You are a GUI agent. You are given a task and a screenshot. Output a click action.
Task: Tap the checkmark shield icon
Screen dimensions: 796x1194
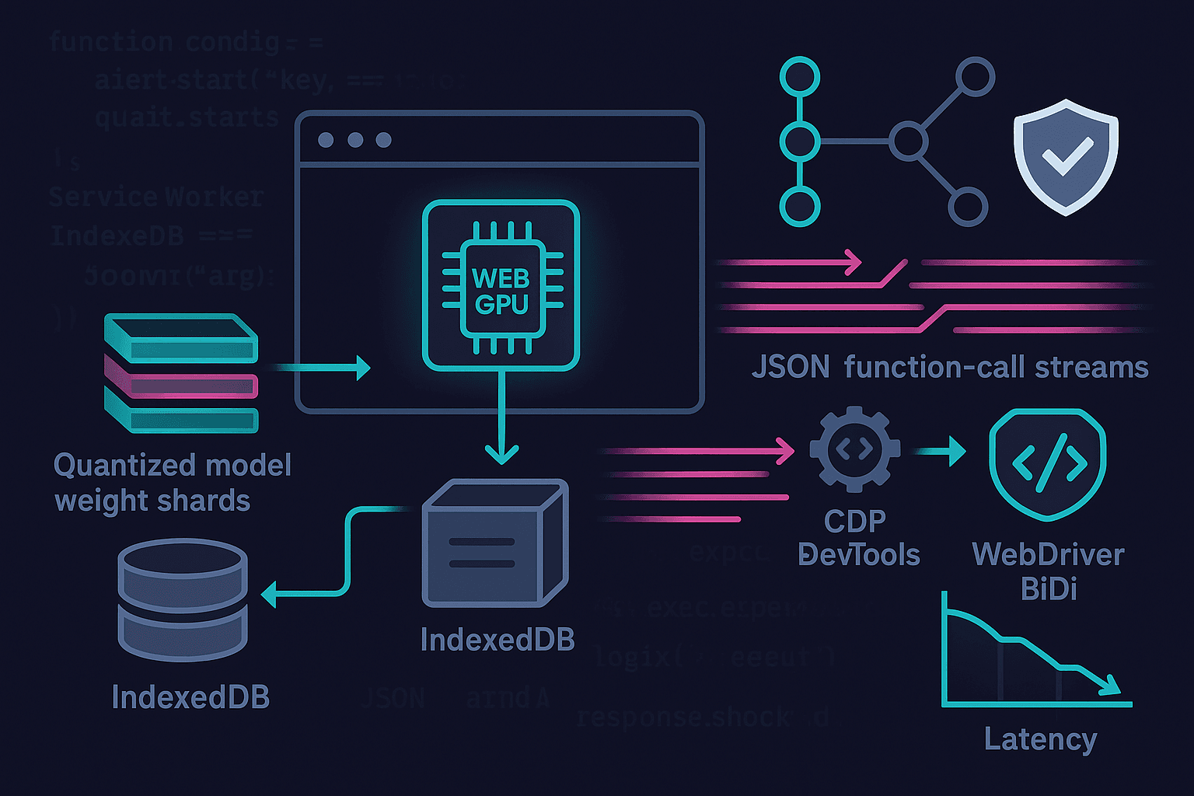pos(1066,156)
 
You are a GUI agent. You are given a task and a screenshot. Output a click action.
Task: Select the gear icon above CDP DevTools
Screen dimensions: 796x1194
pos(854,449)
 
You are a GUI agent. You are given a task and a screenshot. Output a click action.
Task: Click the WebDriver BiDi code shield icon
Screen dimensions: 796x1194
pos(1048,464)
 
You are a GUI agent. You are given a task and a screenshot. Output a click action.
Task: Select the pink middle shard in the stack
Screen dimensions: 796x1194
pos(181,382)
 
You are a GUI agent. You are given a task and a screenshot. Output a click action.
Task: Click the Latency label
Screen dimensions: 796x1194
pos(1040,738)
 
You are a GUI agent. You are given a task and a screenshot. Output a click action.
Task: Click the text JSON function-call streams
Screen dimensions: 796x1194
pos(949,367)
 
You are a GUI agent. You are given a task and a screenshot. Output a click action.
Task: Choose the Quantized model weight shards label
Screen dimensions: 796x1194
pos(172,483)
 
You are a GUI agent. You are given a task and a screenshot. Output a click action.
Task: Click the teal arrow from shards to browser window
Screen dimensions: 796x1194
pos(323,367)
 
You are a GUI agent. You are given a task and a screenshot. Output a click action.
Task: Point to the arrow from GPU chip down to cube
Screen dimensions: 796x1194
pos(501,420)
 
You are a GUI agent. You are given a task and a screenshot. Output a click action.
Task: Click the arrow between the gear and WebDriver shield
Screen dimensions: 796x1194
pos(941,450)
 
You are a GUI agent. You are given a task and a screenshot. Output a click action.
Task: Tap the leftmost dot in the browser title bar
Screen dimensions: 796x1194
pos(326,140)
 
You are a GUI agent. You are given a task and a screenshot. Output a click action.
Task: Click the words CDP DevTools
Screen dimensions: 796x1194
pos(858,538)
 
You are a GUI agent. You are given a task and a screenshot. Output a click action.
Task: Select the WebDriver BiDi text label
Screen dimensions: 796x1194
pos(1048,571)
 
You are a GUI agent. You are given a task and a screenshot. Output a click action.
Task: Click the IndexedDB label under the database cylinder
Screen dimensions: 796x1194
pos(190,697)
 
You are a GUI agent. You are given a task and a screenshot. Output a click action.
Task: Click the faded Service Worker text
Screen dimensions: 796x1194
pos(155,197)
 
